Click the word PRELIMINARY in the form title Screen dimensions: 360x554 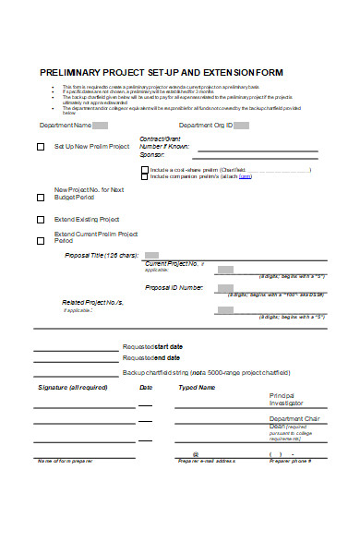pyautogui.click(x=71, y=71)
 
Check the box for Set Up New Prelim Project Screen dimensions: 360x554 pyautogui.click(x=40, y=147)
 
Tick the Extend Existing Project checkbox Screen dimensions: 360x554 pyautogui.click(x=40, y=220)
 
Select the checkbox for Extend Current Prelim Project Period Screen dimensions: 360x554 pyautogui.click(x=40, y=240)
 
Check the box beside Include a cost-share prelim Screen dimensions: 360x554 pyautogui.click(x=144, y=170)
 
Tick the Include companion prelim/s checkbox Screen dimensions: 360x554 pyautogui.click(x=144, y=179)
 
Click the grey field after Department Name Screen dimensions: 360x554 pyautogui.click(x=101, y=125)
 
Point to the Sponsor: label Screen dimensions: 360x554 pyautogui.click(x=152, y=154)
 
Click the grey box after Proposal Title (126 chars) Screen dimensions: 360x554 pyautogui.click(x=152, y=255)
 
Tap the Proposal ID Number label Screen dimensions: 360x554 pyautogui.click(x=174, y=287)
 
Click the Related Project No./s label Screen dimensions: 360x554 pyautogui.click(x=92, y=302)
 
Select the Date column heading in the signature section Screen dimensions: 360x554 pyautogui.click(x=146, y=388)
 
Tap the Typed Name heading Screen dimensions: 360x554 pyautogui.click(x=197, y=388)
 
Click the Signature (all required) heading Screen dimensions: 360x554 pyautogui.click(x=73, y=388)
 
